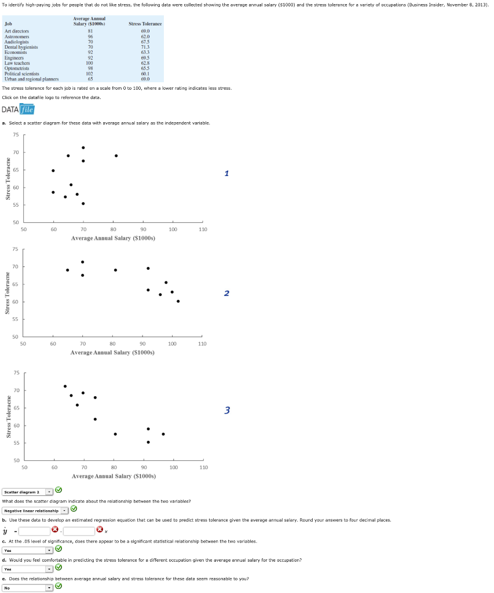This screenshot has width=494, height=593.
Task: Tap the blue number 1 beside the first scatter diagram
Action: [x=227, y=173]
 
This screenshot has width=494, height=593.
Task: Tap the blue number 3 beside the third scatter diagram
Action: [x=227, y=411]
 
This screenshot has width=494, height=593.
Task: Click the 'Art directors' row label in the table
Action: [x=17, y=31]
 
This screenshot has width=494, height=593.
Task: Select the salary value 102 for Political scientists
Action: [x=89, y=74]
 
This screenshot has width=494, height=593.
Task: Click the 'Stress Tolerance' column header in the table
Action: [x=145, y=24]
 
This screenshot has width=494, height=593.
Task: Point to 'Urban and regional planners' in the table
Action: [x=31, y=79]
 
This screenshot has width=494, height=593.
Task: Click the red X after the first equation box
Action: [x=55, y=530]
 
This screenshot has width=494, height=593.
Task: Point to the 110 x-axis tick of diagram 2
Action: [x=202, y=344]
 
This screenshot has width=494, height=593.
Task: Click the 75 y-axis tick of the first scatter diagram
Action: [x=16, y=135]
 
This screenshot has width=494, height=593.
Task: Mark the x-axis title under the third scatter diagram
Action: [x=114, y=476]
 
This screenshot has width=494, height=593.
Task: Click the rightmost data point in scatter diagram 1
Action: [x=116, y=156]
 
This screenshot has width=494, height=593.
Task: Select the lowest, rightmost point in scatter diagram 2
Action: [x=178, y=301]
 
